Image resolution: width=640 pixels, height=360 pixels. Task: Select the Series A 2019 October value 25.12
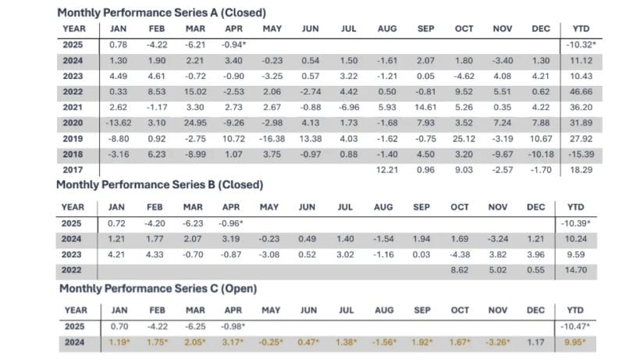point(464,139)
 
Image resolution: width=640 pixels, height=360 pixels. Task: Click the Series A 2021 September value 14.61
point(425,107)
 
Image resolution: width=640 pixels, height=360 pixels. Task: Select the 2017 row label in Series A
point(72,169)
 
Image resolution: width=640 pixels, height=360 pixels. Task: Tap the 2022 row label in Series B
point(72,269)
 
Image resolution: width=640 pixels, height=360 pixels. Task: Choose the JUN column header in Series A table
point(310,29)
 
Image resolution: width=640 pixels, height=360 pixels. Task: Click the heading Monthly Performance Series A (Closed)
point(162,12)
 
